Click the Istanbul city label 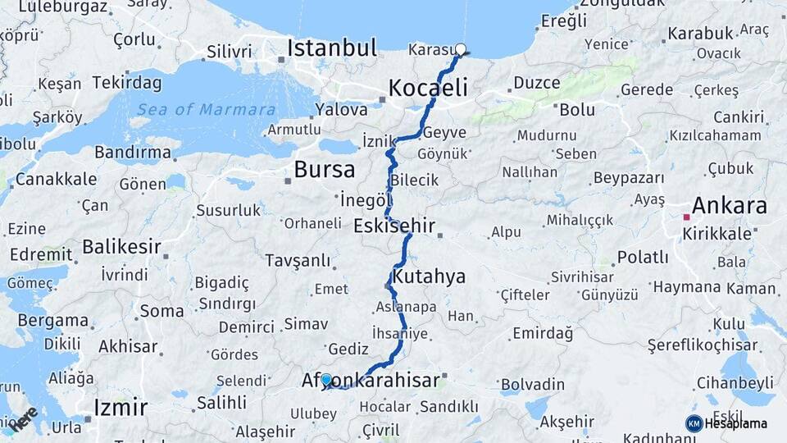tap(332, 48)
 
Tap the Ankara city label tap(730, 205)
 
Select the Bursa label tap(325, 170)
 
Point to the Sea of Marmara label tap(206, 110)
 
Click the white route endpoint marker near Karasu tap(461, 49)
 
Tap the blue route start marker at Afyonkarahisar tap(326, 380)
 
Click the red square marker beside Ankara tap(686, 217)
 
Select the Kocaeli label tap(428, 88)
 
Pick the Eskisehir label tap(394, 226)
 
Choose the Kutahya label tap(429, 276)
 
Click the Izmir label tap(121, 408)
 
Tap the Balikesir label tap(121, 246)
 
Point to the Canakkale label tap(56, 179)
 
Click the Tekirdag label tap(127, 82)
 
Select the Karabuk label tap(699, 34)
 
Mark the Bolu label tap(577, 109)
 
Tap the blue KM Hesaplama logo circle tap(694, 423)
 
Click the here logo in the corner tap(22, 418)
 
